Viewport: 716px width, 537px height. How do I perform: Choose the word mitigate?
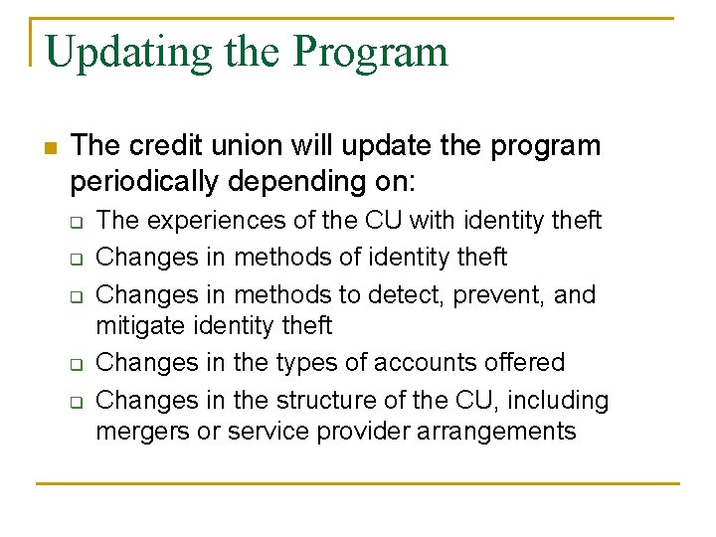coord(139,326)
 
